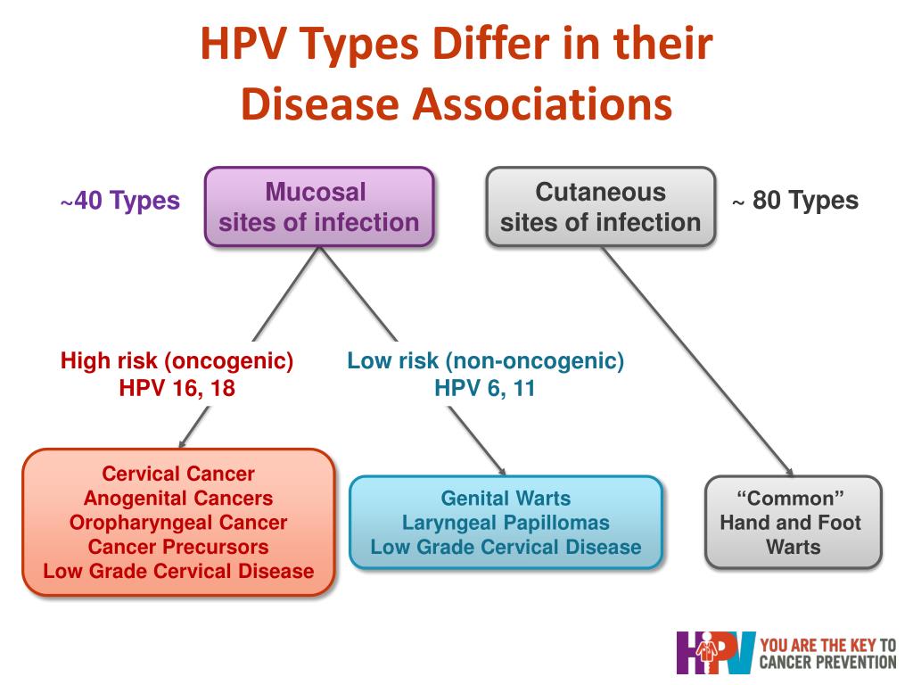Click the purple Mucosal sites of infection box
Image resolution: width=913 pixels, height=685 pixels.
pyautogui.click(x=319, y=207)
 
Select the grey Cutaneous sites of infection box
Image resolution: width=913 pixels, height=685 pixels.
pyautogui.click(x=600, y=207)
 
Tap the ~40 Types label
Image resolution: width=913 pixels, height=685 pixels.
pyautogui.click(x=120, y=201)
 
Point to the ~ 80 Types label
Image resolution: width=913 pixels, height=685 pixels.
pyautogui.click(x=794, y=201)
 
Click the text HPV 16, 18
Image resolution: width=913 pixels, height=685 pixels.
pyautogui.click(x=177, y=388)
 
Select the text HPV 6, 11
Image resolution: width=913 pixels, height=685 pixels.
pyautogui.click(x=484, y=388)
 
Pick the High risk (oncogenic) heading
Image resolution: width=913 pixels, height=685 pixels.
pyautogui.click(x=177, y=361)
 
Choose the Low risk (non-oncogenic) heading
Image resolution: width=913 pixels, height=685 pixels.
pyautogui.click(x=486, y=361)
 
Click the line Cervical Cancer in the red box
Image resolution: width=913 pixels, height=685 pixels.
pyautogui.click(x=178, y=474)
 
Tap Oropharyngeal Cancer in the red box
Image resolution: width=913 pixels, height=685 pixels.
pyautogui.click(x=178, y=523)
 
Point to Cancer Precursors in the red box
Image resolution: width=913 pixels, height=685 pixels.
pyautogui.click(x=178, y=547)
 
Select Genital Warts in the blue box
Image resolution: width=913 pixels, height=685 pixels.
pyautogui.click(x=506, y=499)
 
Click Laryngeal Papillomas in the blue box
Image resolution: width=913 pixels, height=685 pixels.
pyautogui.click(x=506, y=523)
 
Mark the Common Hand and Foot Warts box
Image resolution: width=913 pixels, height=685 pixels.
pyautogui.click(x=793, y=522)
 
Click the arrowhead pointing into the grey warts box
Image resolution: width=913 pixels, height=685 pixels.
pyautogui.click(x=790, y=472)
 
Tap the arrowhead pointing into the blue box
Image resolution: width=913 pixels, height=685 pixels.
pyautogui.click(x=501, y=471)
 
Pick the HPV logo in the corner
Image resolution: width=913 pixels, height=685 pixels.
pyautogui.click(x=716, y=653)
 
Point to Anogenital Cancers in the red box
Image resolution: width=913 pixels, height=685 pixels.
pyautogui.click(x=178, y=498)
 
